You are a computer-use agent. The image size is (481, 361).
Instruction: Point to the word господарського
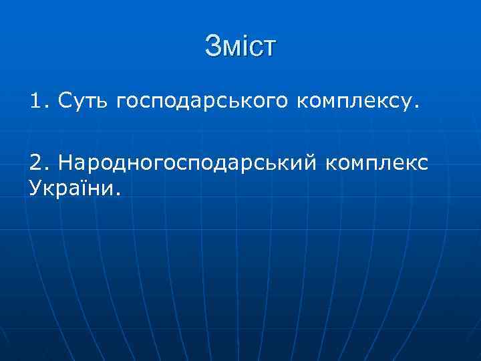click(202, 102)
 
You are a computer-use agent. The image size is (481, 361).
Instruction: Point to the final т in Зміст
click(269, 47)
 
